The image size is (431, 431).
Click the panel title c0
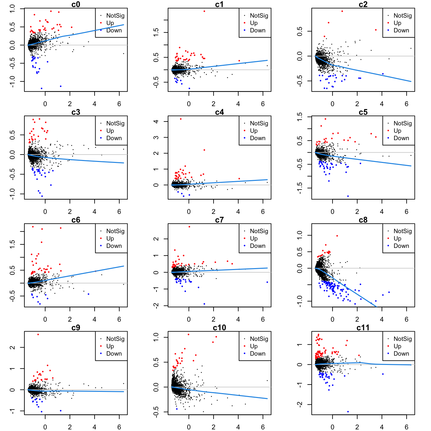(x=76, y=4)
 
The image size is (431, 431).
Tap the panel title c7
(x=219, y=220)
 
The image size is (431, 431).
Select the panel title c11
(x=363, y=327)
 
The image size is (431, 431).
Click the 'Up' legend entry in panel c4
(x=254, y=131)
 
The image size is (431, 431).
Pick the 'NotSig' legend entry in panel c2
(x=402, y=15)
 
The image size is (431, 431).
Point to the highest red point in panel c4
(x=181, y=119)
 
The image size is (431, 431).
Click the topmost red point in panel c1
(x=204, y=11)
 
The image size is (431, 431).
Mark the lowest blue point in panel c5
(x=348, y=196)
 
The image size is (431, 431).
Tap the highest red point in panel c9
(x=38, y=334)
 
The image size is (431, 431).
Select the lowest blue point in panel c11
(x=348, y=412)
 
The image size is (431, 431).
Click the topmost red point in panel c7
(x=189, y=227)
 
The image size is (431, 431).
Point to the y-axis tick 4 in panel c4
(x=156, y=122)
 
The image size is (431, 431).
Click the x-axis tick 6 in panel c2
(x=407, y=104)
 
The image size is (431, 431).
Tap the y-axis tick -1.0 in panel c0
(x=13, y=81)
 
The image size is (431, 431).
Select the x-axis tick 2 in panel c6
(x=70, y=319)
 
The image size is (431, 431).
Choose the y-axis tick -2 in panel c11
(x=300, y=405)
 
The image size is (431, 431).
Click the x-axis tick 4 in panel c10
(x=238, y=427)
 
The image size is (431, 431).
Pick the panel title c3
(x=76, y=112)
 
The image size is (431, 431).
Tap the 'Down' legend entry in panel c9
(x=114, y=353)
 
